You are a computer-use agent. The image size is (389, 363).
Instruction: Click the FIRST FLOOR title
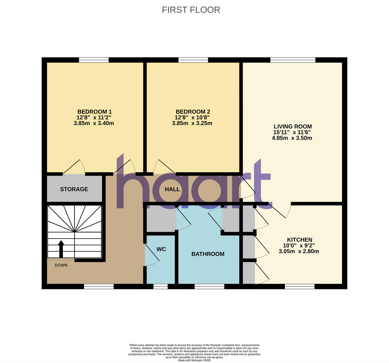click(x=191, y=10)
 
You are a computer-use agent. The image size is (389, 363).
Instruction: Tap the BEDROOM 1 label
click(x=94, y=112)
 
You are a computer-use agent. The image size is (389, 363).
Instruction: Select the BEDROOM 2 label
click(x=193, y=112)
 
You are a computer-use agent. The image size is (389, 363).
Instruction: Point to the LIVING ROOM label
click(x=292, y=126)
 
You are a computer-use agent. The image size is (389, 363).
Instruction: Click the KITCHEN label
click(x=299, y=240)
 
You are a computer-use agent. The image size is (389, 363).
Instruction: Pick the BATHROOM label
click(x=208, y=254)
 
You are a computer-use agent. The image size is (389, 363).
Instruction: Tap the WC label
click(x=161, y=249)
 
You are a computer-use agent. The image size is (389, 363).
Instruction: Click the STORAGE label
click(x=74, y=189)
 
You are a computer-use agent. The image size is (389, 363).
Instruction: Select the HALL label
click(x=172, y=189)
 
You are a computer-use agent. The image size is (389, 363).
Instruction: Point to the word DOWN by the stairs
click(x=61, y=265)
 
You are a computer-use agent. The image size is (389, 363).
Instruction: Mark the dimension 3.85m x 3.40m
click(x=94, y=123)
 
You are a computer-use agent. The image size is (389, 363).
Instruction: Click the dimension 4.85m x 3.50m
click(x=292, y=138)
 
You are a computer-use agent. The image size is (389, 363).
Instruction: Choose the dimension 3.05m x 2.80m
click(x=299, y=251)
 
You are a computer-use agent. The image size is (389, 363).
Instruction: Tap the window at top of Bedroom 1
click(x=94, y=60)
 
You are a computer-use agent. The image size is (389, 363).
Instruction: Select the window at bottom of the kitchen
click(x=300, y=286)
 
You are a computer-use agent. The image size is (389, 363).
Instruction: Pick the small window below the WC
click(x=160, y=286)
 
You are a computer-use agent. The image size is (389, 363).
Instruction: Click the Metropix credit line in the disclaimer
click(x=194, y=360)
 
